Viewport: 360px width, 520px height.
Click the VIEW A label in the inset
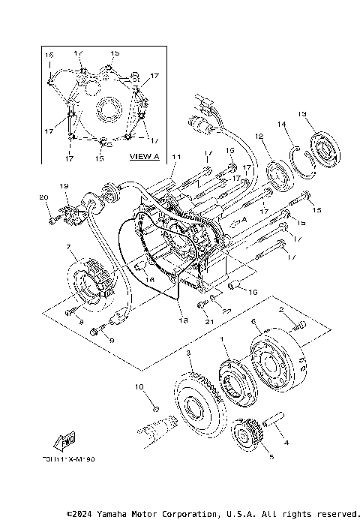145,156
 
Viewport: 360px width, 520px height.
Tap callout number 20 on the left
43,197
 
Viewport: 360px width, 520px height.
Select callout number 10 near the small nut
139,386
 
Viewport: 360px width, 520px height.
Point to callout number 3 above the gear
189,353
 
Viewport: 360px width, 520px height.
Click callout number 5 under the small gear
249,455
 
